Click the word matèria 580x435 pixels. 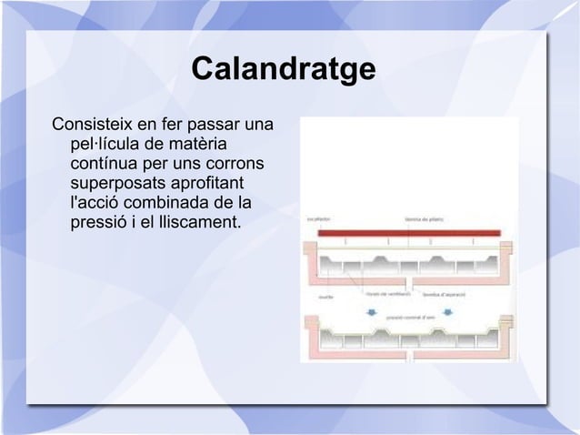click(196, 144)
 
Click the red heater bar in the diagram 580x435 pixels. click(408, 233)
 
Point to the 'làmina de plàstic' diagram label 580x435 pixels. click(423, 218)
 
